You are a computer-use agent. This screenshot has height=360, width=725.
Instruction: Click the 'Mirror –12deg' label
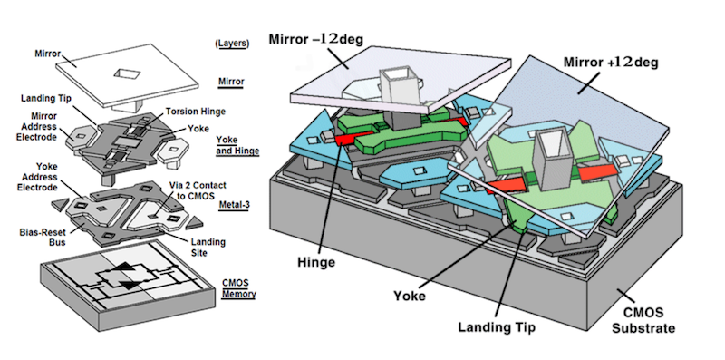315,39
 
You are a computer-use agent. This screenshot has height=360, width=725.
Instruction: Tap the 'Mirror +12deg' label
610,62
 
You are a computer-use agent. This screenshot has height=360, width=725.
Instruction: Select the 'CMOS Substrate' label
643,320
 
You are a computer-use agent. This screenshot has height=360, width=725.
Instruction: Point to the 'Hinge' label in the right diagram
316,262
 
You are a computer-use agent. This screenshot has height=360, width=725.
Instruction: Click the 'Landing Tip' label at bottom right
497,327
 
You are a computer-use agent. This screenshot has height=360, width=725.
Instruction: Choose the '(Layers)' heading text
232,44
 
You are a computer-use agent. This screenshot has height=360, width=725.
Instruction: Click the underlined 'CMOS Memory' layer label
238,288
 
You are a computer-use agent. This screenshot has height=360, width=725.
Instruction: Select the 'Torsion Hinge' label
196,111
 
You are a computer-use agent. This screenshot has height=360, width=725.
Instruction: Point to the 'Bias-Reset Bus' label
43,237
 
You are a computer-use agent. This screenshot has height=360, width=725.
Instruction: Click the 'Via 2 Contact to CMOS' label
198,190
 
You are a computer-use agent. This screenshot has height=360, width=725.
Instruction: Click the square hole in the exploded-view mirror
125,73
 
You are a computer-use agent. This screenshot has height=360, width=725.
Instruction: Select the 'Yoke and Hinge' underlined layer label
237,145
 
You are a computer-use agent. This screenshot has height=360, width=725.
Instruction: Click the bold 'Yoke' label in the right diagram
410,296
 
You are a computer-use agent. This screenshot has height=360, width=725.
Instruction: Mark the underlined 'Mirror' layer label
231,82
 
